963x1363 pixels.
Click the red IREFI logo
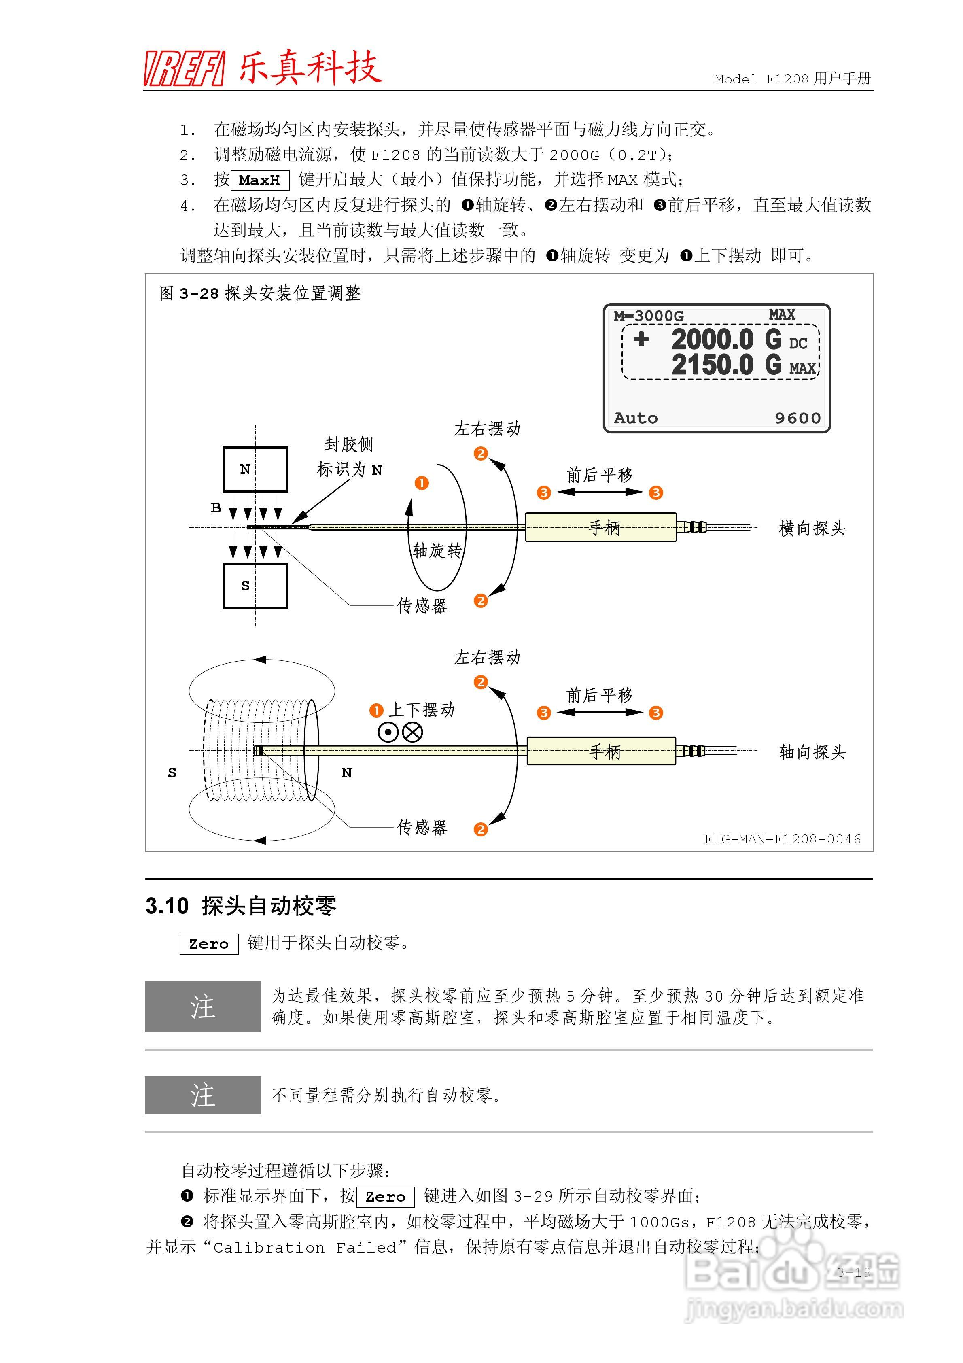pos(184,68)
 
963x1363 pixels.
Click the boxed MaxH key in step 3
pos(259,180)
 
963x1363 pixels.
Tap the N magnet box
pos(255,469)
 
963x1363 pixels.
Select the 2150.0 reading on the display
pos(713,365)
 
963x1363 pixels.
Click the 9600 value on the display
pos(797,418)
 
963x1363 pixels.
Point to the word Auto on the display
pos(635,418)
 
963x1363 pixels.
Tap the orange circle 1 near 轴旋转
pos(422,483)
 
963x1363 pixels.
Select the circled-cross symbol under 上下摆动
pos(413,732)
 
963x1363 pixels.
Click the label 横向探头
pos(812,529)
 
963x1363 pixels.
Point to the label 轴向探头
pos(812,752)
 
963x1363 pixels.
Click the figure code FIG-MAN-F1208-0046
pos(782,839)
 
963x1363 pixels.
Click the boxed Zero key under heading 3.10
pos(208,944)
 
